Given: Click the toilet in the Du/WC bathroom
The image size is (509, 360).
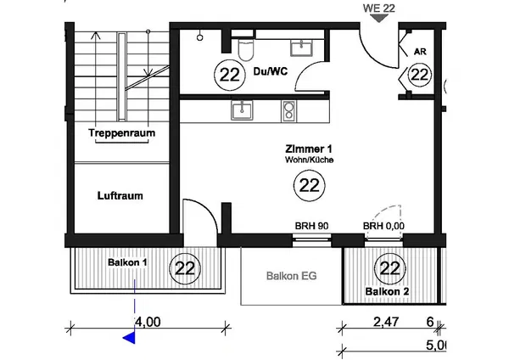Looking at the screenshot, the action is coord(246,49).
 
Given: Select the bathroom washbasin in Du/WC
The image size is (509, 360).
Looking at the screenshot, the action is coord(301,48).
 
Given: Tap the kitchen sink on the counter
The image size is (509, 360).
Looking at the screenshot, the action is coord(242,110).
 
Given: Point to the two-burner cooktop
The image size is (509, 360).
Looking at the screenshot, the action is coord(288,110).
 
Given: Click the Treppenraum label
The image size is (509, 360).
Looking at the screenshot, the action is coord(121,133).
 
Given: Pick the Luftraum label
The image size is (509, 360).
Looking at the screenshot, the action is coord(120,195).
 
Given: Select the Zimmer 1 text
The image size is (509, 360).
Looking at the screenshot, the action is coord(309,149).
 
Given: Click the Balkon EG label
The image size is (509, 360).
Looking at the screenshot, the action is coord(292,276).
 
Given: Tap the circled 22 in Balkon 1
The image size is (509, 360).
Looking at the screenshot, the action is coord(185,268).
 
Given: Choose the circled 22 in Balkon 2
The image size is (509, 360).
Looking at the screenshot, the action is coord(390,268).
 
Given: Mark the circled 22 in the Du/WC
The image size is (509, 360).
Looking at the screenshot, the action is coord(230,75).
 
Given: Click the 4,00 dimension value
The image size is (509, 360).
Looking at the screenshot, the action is coord(148,322).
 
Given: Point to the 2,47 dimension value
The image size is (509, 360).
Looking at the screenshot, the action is coord(386,322).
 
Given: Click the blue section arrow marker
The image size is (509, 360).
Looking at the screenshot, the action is coord(130,338).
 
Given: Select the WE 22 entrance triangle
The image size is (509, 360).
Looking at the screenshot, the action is coord(379,19).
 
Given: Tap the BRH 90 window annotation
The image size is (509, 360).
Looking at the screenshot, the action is coord(311,226).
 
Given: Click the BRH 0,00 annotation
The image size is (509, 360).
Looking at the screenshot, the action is coord(383,226).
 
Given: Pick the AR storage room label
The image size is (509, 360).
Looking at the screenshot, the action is coord(421,52).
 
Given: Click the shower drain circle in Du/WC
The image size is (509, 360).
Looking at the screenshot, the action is coord(200,37).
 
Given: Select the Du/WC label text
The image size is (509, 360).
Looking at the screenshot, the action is coord(271,71).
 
